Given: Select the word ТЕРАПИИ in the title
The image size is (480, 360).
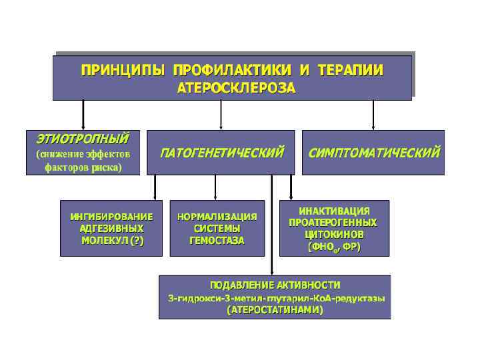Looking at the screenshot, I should tap(350, 70).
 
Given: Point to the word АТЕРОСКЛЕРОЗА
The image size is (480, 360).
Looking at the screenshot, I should tap(236, 88).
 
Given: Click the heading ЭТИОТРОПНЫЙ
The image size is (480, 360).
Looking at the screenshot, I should tap(81, 138).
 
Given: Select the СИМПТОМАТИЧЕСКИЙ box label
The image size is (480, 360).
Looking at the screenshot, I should tap(374, 153).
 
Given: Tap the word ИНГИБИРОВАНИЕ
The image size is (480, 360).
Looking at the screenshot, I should tap(111, 217).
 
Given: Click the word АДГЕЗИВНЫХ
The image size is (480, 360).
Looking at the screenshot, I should tap(111, 229).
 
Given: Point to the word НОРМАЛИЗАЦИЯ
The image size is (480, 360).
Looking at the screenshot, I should tap(217, 217).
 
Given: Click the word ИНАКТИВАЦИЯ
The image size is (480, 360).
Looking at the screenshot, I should tap(334, 211).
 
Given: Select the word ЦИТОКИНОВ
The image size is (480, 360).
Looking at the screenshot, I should tap(334, 235).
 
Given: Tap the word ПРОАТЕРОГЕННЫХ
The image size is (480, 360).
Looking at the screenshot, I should tap(333, 223).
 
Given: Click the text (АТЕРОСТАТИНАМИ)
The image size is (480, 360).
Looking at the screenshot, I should tap(275, 310).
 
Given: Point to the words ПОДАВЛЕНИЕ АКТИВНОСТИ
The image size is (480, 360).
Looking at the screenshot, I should tap(275, 285).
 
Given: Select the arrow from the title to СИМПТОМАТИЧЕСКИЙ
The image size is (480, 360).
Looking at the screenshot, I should tap(374, 115).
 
